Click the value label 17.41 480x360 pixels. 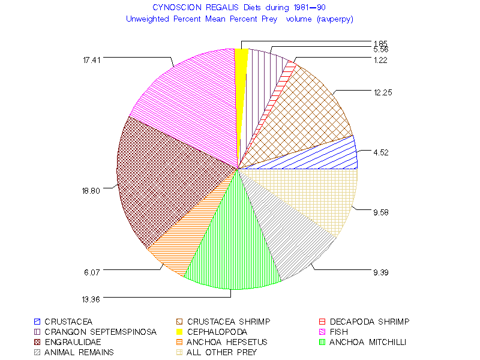click(x=93, y=59)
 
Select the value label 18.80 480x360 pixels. click(x=92, y=190)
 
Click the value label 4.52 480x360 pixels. click(x=381, y=152)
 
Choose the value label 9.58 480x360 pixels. click(x=381, y=212)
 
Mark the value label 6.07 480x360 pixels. click(x=92, y=272)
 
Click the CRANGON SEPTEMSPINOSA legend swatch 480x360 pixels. click(x=37, y=332)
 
